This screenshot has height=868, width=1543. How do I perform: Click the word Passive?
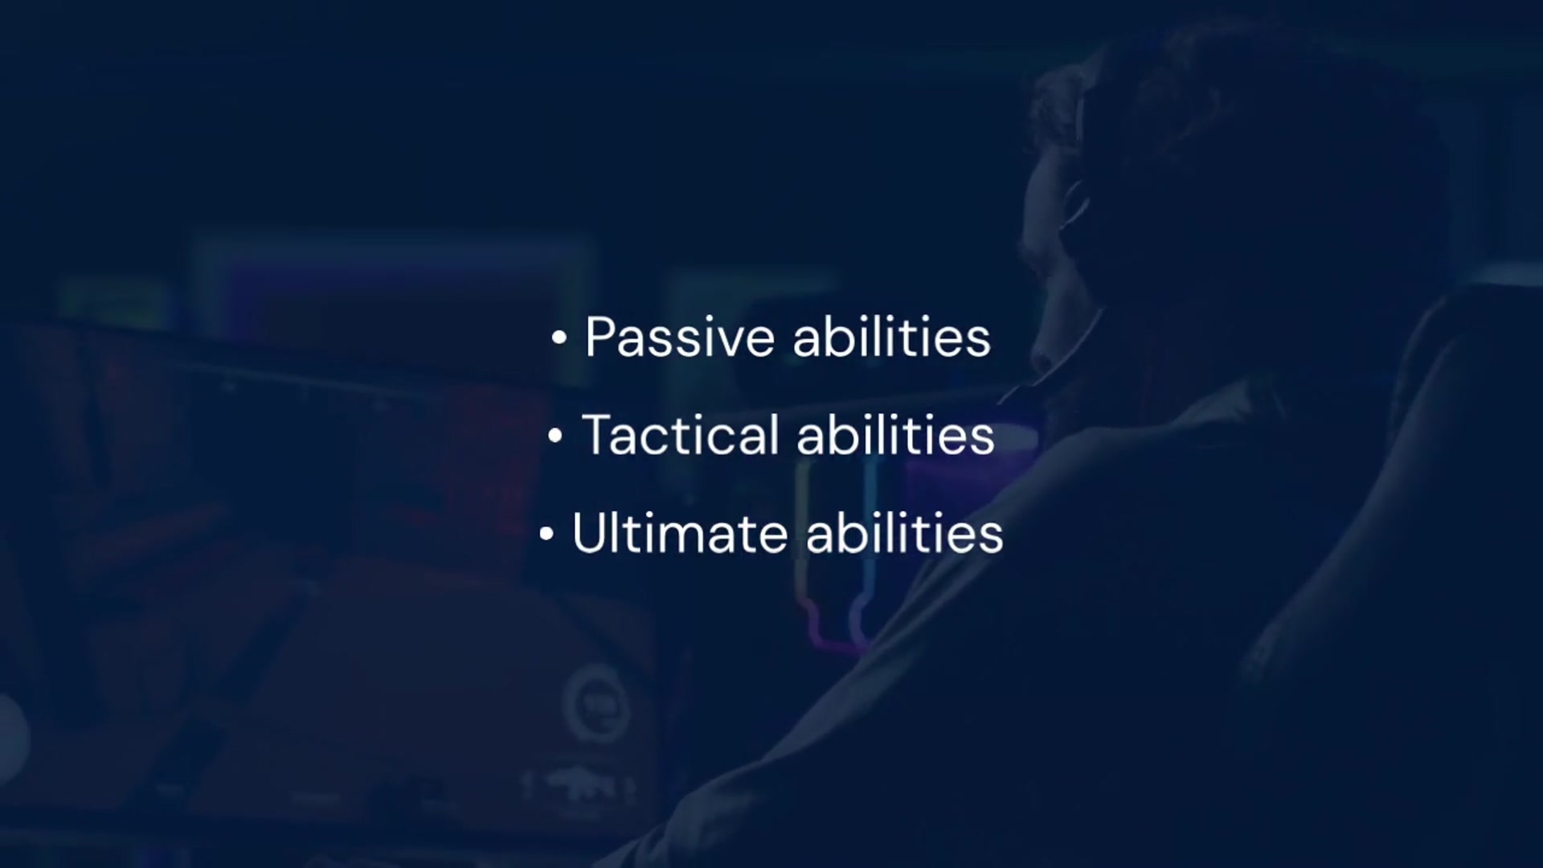(680, 337)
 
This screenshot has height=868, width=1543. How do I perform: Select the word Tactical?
(681, 435)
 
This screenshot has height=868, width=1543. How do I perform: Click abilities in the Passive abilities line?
(892, 337)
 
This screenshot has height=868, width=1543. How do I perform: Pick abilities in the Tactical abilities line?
(896, 435)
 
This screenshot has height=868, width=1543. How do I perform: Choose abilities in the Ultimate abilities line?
(905, 533)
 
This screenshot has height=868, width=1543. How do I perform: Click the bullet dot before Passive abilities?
(559, 338)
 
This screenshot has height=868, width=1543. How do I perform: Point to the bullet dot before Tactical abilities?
(555, 436)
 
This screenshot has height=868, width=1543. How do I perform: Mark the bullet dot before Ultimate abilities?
(546, 534)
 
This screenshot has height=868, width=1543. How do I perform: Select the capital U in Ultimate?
(588, 533)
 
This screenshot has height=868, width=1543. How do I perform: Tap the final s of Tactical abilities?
(984, 440)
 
